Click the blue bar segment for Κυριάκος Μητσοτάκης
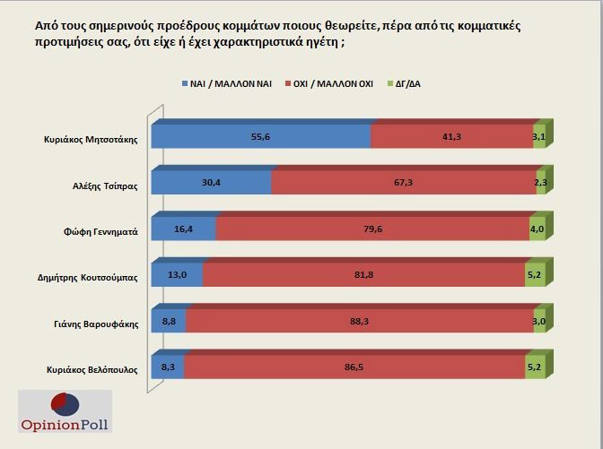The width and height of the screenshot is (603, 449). click(x=260, y=136)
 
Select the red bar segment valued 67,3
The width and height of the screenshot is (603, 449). click(x=404, y=183)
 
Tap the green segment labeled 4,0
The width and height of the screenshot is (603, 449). click(x=537, y=229)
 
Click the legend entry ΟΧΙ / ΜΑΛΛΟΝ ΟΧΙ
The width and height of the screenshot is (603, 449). click(x=332, y=83)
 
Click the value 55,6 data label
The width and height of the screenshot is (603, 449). click(x=261, y=134)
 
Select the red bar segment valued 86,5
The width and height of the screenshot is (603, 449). click(x=354, y=367)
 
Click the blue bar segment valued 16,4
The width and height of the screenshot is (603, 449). click(x=183, y=229)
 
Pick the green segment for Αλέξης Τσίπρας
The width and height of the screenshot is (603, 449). click(x=541, y=183)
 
